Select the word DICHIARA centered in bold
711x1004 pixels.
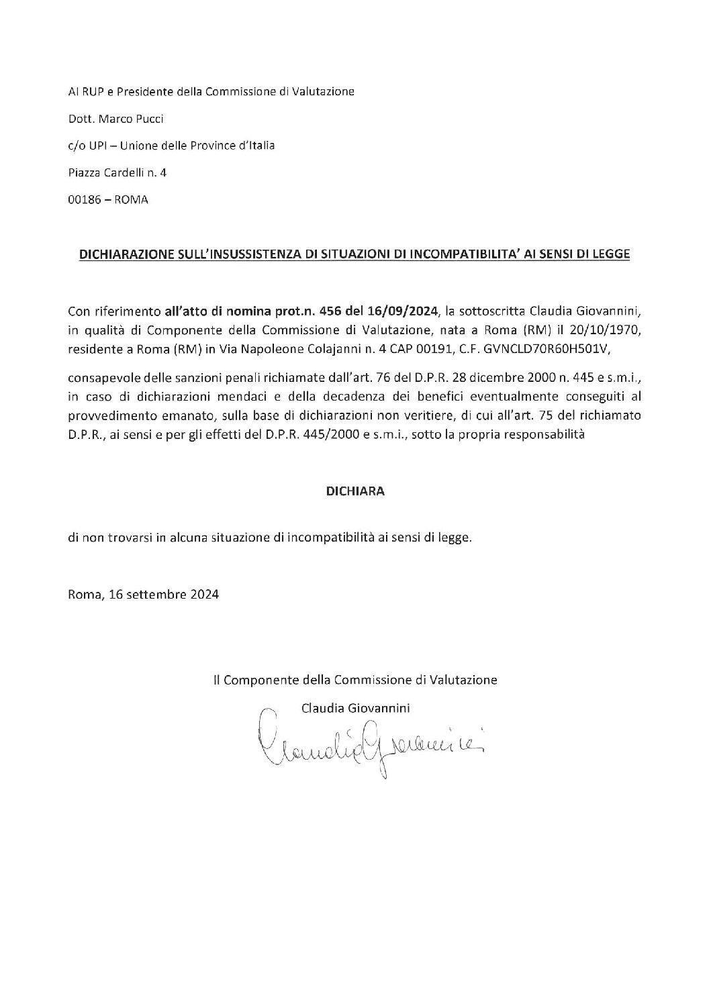tap(355, 491)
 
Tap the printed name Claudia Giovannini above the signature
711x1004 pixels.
tap(356, 708)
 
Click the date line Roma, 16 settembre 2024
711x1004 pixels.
tap(144, 594)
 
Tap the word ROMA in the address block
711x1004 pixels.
tap(132, 200)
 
